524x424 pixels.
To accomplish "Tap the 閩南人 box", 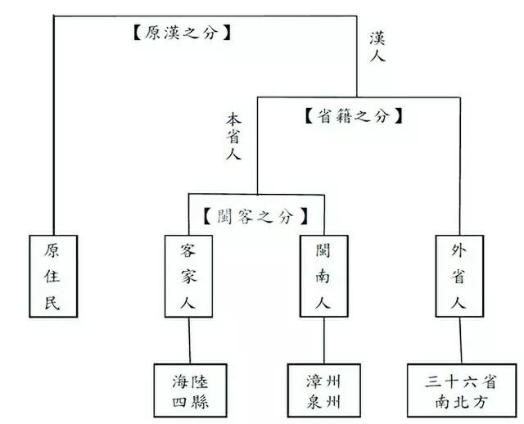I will click(323, 277).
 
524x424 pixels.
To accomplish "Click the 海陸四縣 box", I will click(189, 390).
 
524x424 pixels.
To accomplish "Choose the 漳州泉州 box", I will click(323, 390).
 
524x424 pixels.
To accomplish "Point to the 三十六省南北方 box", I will click(459, 390).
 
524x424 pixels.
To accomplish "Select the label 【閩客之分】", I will click(255, 217).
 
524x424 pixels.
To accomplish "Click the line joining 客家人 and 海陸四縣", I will click(190, 341).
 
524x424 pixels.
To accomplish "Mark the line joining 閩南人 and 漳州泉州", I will click(323, 341).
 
